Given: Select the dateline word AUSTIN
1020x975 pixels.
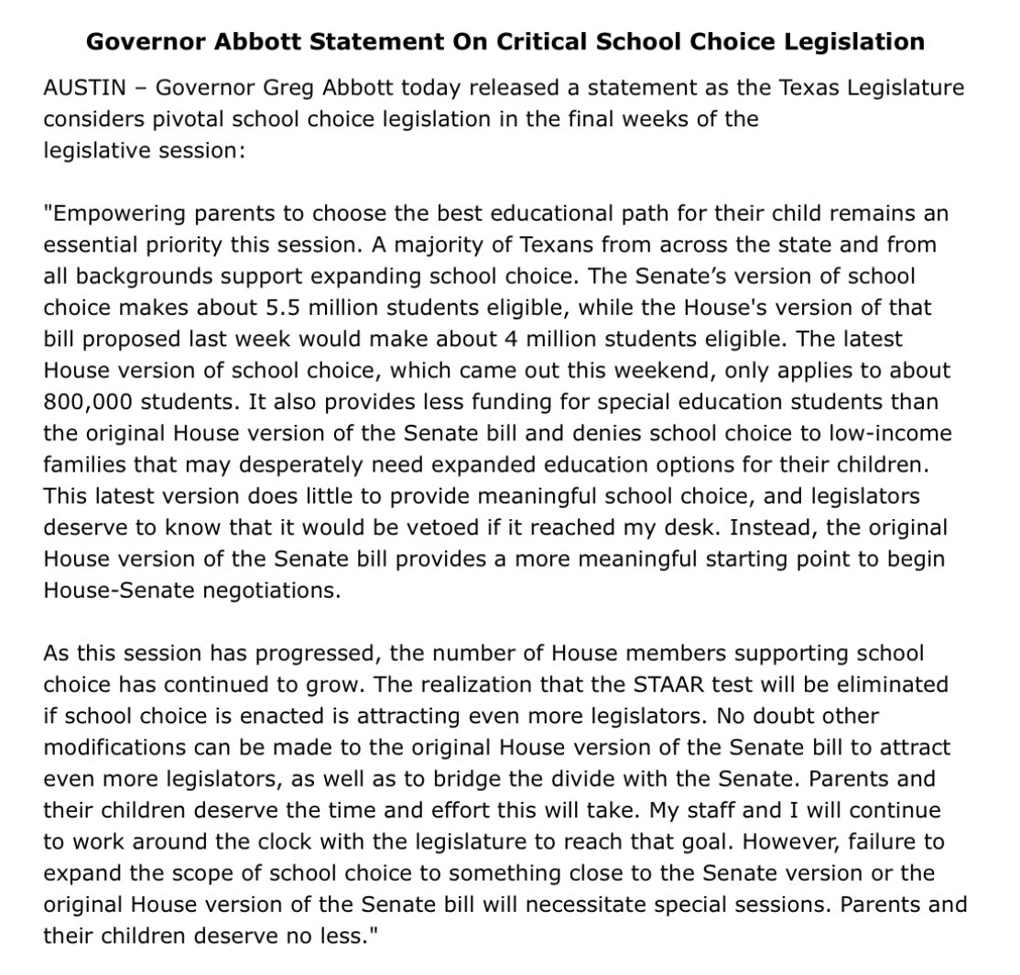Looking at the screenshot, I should pos(80,88).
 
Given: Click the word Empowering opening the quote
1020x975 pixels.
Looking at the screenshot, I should pos(107,213).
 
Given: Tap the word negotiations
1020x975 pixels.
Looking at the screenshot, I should pos(273,590).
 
